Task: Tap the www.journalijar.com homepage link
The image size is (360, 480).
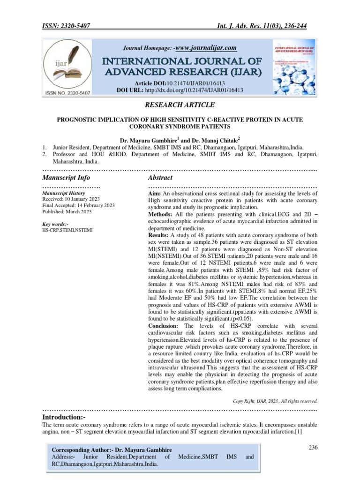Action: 206,48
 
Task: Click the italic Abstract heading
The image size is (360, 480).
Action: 160,178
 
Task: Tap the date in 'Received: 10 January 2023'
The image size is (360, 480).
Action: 89,199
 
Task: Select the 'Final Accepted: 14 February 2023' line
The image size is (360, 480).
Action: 78,205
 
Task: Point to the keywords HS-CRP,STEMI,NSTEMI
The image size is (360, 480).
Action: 67,231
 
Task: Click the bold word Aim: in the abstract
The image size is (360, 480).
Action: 155,194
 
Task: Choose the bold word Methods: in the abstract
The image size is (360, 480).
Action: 161,214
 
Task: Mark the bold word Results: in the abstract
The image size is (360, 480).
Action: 158,234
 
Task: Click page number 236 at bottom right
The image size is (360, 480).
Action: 313,447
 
